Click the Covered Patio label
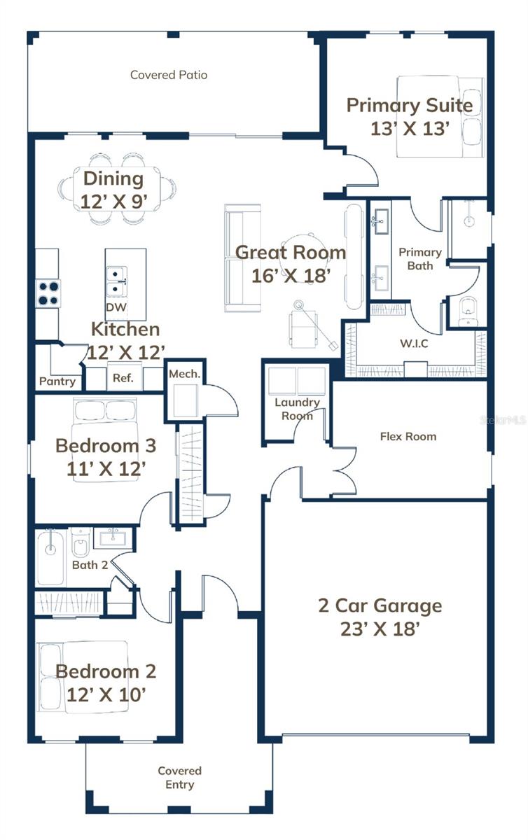169,75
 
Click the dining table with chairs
118,188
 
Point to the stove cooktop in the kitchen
48,293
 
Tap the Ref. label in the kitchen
123,378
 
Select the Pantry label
57,381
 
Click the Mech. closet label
185,374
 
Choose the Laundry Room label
297,408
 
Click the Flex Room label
408,436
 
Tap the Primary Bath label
420,258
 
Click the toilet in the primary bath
467,311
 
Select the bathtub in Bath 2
51,557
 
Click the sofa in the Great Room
242,258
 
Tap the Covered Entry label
179,778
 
